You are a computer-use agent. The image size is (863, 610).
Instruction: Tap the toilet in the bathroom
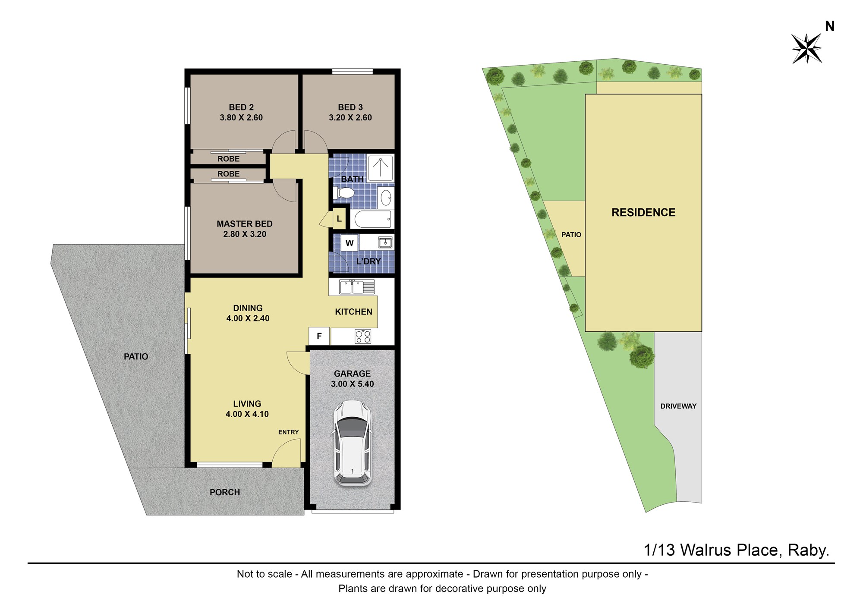coord(343,192)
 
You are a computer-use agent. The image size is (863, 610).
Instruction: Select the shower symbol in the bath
coord(380,167)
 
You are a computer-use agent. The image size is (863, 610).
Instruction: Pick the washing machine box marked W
coord(350,243)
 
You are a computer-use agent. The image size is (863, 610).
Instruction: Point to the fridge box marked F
coord(319,336)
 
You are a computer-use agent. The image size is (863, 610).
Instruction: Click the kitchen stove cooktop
coord(363,336)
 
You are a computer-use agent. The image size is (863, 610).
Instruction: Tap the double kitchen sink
coord(356,287)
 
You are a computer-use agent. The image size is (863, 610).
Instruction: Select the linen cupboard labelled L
coord(339,219)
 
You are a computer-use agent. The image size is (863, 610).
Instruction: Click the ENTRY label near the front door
coord(288,432)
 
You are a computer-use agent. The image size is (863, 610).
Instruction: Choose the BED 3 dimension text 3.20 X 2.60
coord(350,117)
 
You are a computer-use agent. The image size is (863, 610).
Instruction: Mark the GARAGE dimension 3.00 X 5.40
coord(352,384)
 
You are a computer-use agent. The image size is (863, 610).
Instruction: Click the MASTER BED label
coord(245,224)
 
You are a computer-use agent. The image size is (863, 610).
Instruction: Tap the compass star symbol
coord(806,48)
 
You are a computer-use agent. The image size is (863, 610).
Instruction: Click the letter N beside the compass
coord(829,27)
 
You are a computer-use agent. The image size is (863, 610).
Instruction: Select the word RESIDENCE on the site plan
coord(643,212)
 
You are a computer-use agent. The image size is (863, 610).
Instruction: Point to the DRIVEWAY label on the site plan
coord(678,406)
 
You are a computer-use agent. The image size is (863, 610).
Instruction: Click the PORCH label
coord(225,492)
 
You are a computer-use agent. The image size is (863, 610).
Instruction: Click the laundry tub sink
coord(385,242)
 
